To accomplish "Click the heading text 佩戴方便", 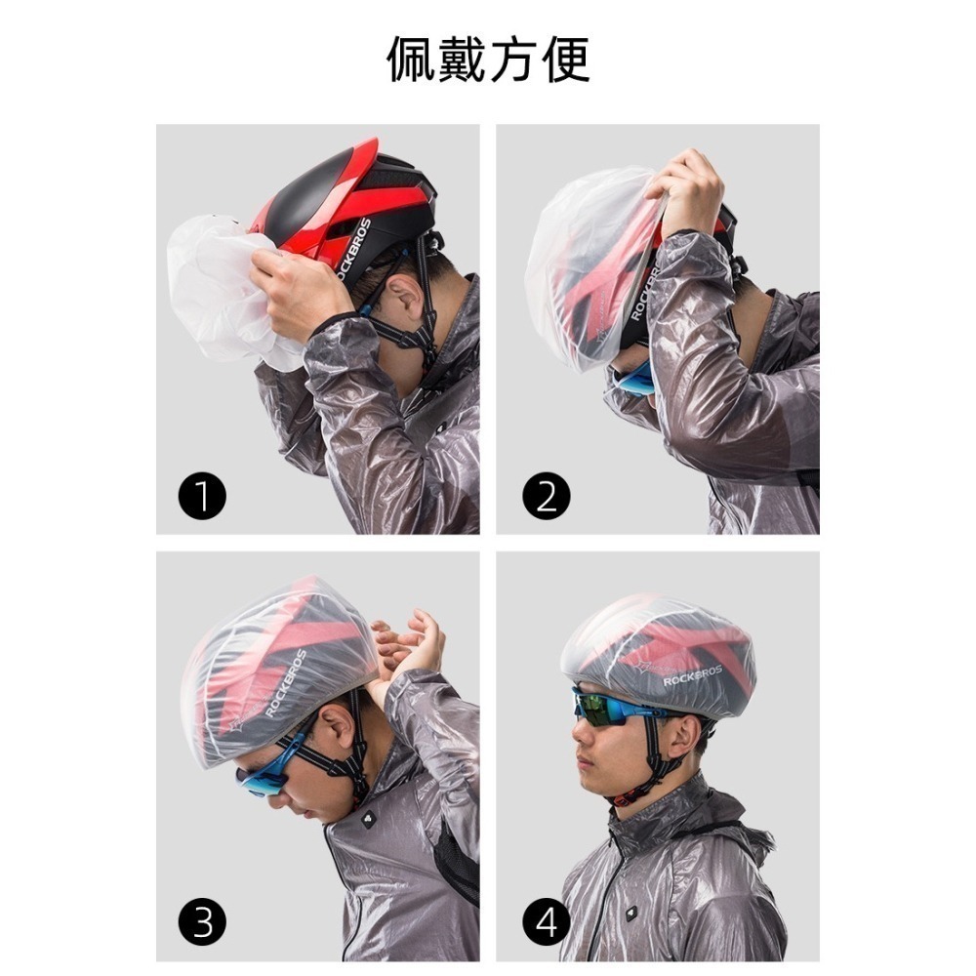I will point(488,61).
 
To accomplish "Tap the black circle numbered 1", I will point(202,498).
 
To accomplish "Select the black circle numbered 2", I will point(546,498).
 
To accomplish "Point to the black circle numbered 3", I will point(202,921).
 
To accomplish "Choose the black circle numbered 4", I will point(546,921).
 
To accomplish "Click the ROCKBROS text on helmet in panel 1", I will point(356,249).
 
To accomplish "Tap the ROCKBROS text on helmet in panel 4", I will point(693,674).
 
